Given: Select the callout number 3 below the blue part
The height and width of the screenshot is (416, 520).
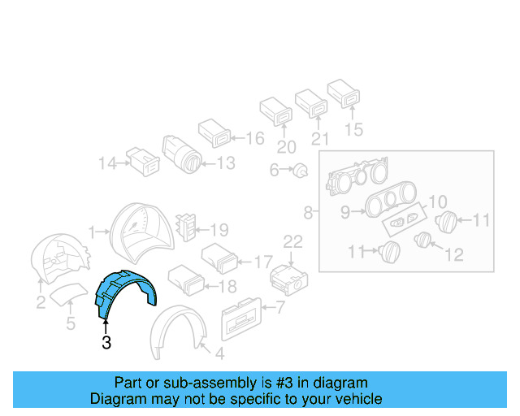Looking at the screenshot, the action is tap(106, 343).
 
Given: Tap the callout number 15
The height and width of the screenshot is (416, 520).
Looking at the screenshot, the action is tap(353, 128).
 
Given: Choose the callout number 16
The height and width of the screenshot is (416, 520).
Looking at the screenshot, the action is tap(254, 138).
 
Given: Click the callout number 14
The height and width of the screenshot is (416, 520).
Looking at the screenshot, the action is tap(107, 163).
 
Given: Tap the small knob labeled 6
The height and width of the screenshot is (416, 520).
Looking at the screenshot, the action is tap(301, 170).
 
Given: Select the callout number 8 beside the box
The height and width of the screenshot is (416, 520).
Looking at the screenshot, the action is tap(308, 213).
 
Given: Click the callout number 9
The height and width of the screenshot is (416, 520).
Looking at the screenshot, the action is tap(344, 213).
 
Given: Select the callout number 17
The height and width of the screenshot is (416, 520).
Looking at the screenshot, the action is tap(263, 262).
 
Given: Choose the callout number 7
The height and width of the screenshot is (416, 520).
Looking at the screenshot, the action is tap(279, 307).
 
